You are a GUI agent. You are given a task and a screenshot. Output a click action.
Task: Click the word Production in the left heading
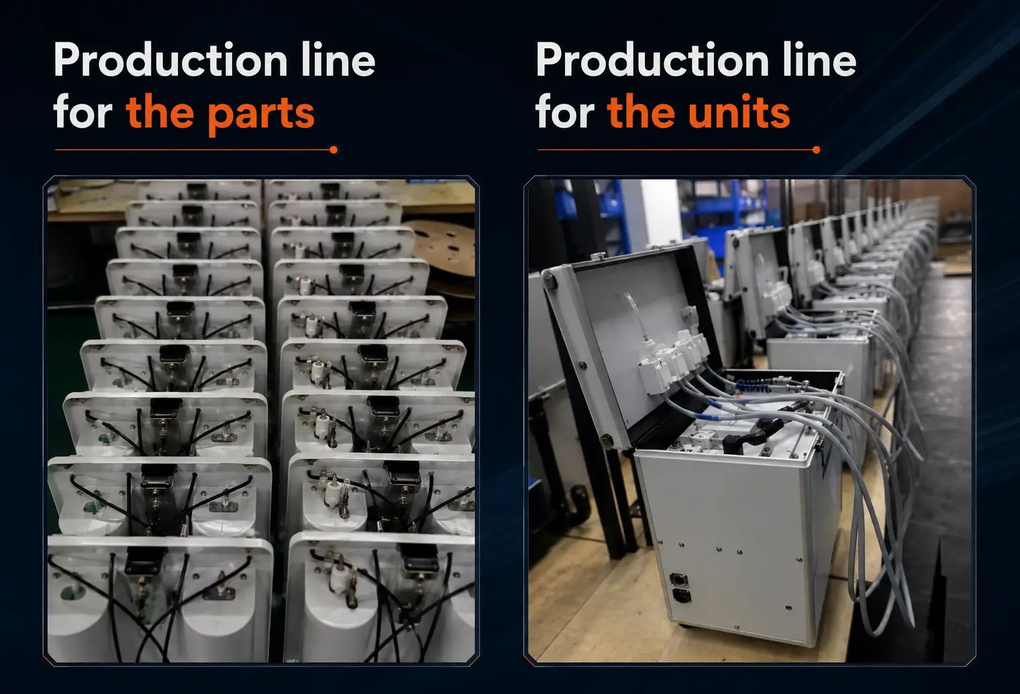tap(170, 59)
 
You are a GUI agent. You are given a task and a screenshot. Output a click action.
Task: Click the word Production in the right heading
tap(652, 59)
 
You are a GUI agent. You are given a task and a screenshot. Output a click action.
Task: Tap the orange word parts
tap(261, 114)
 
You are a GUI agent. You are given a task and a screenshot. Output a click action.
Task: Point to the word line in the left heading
tap(338, 59)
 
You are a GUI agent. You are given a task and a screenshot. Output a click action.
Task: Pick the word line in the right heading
tap(819, 59)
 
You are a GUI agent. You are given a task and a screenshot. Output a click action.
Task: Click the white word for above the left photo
tap(83, 111)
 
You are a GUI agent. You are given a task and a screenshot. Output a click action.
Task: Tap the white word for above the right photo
tap(565, 111)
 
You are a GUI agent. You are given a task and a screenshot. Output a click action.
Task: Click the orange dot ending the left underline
tap(334, 150)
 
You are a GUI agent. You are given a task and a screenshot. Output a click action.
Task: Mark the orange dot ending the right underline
tap(816, 150)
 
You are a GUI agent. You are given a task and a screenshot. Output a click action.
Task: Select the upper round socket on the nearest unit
tap(678, 579)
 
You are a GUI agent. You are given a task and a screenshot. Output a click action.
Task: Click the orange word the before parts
tap(160, 111)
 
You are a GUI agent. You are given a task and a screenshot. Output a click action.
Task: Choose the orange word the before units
tap(642, 111)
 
